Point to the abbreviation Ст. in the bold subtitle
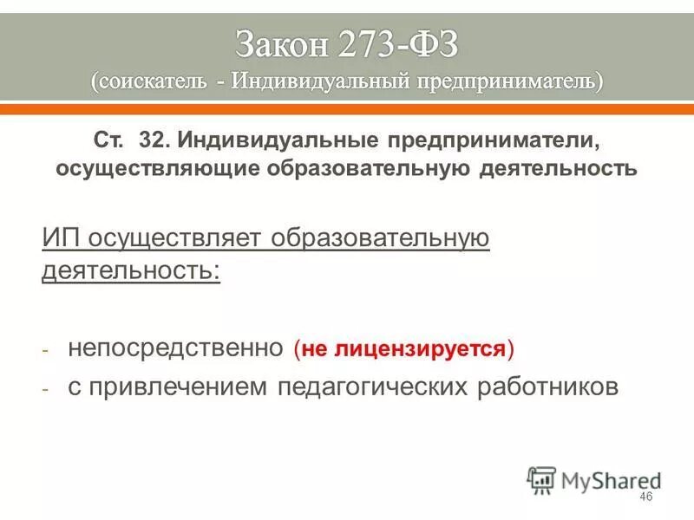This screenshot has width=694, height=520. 108,140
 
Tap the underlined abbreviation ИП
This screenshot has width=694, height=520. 60,238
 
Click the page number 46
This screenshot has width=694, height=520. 645,497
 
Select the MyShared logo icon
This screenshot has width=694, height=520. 541,479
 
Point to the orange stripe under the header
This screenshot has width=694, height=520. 347,110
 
